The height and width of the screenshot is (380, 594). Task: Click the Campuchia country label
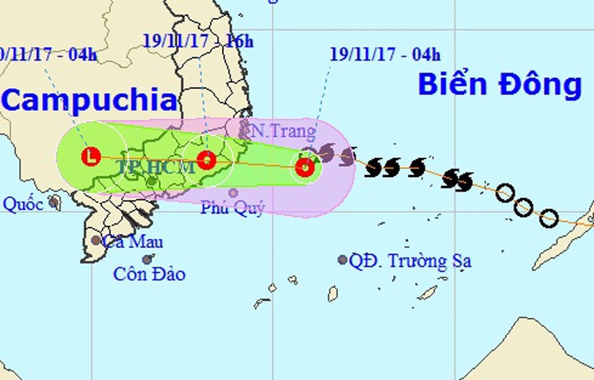pyautogui.click(x=88, y=101)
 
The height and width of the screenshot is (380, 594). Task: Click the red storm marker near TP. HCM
pyautogui.click(x=206, y=160)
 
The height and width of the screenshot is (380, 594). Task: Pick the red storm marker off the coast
pyautogui.click(x=304, y=167)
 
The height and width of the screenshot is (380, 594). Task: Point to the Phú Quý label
pyautogui.click(x=233, y=208)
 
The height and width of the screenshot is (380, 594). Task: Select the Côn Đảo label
pyautogui.click(x=149, y=274)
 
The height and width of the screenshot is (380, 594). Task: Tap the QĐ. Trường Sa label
pyautogui.click(x=410, y=261)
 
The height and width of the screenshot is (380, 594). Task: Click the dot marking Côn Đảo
pyautogui.click(x=147, y=260)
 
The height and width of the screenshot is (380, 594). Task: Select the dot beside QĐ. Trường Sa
pyautogui.click(x=342, y=260)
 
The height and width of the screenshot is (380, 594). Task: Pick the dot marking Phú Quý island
pyautogui.click(x=233, y=192)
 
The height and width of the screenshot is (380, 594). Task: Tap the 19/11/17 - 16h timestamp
pyautogui.click(x=198, y=41)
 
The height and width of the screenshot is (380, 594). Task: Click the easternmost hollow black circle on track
pyautogui.click(x=548, y=217)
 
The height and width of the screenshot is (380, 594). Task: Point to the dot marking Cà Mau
pyautogui.click(x=96, y=240)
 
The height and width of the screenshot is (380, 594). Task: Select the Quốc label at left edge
pyautogui.click(x=24, y=205)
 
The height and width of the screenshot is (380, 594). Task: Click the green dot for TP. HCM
pyautogui.click(x=152, y=181)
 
